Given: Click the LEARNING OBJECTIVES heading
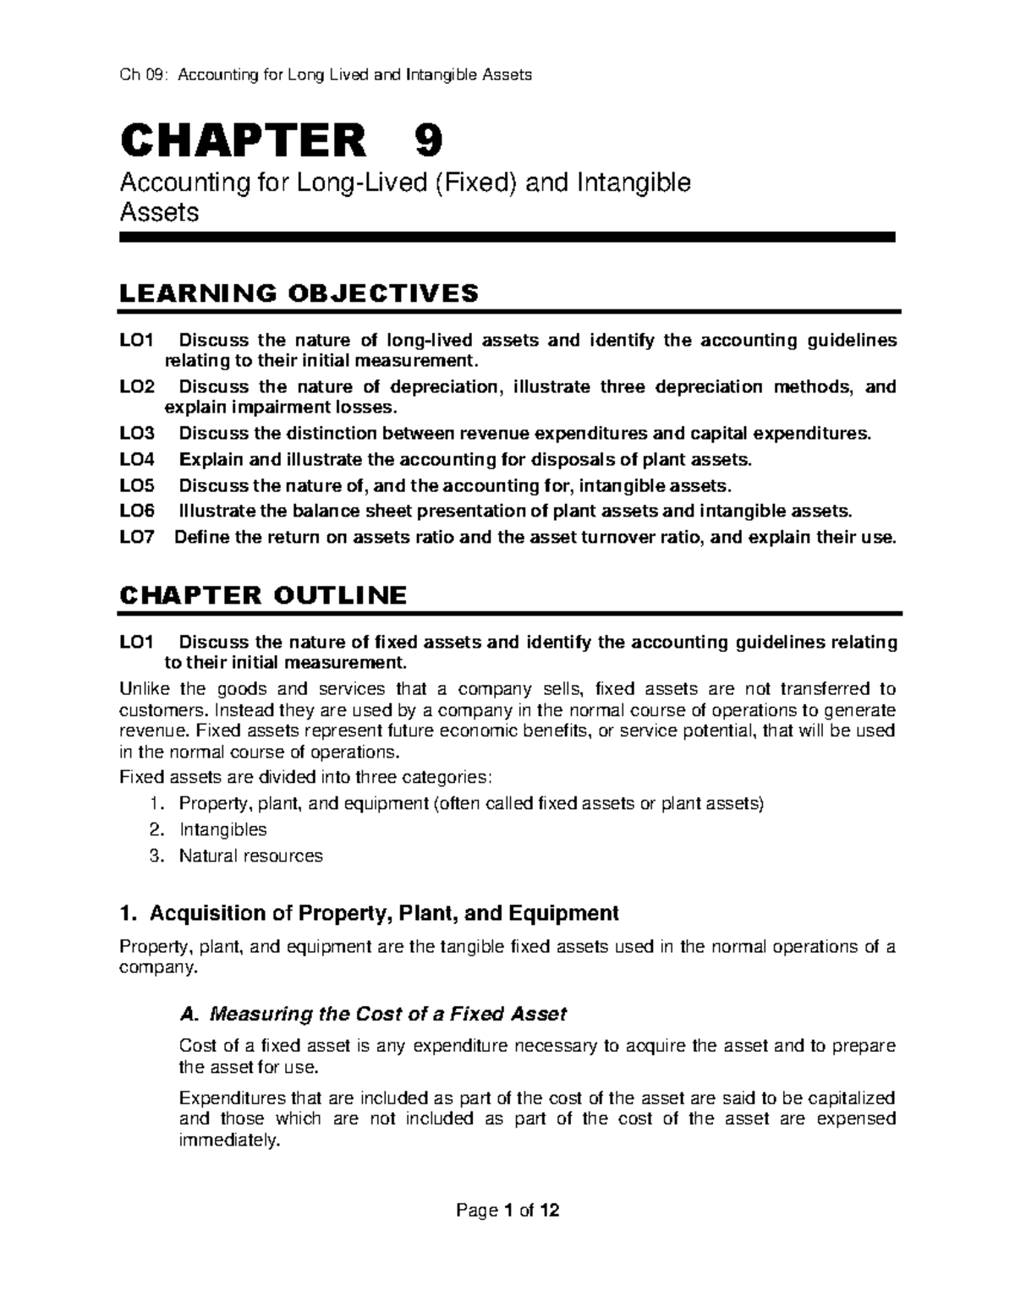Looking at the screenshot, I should click(299, 293).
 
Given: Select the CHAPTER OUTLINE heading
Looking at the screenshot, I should click(264, 595).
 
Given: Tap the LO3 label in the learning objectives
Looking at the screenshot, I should click(138, 434).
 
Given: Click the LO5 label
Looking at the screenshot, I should click(138, 486).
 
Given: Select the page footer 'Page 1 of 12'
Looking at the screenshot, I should click(507, 1211).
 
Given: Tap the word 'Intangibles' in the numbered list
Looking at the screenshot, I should click(222, 829).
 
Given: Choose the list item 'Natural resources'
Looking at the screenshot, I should click(250, 856).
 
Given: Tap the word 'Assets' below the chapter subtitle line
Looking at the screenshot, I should click(160, 212).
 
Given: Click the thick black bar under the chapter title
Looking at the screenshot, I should click(507, 238).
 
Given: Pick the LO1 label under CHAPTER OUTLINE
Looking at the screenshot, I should click(138, 642).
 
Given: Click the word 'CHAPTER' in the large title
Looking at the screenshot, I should click(245, 140).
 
